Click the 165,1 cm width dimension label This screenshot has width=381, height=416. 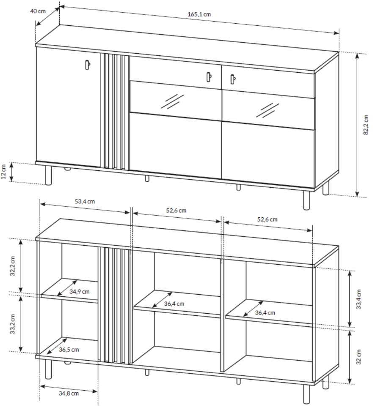(199, 14)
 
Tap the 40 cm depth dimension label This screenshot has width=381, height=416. (38, 11)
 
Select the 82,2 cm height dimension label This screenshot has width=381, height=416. (366, 125)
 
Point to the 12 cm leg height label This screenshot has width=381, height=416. (3, 172)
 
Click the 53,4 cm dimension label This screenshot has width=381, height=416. (85, 201)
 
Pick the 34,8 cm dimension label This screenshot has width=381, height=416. (69, 393)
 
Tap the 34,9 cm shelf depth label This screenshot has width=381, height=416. (80, 292)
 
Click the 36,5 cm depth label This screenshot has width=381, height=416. (69, 350)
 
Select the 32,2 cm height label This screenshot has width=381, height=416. (12, 266)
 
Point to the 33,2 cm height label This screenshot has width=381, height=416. (12, 324)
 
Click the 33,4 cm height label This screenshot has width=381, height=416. (359, 299)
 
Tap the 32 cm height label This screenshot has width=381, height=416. (359, 357)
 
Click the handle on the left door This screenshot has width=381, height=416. (88, 65)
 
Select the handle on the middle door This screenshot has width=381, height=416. (209, 77)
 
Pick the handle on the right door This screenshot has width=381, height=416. (233, 79)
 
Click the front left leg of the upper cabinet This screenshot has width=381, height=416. (48, 175)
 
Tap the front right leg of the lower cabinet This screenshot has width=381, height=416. (306, 394)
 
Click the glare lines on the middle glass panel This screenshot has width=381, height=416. (172, 101)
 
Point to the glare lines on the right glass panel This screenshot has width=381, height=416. (268, 110)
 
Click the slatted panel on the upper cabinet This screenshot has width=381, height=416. (115, 112)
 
